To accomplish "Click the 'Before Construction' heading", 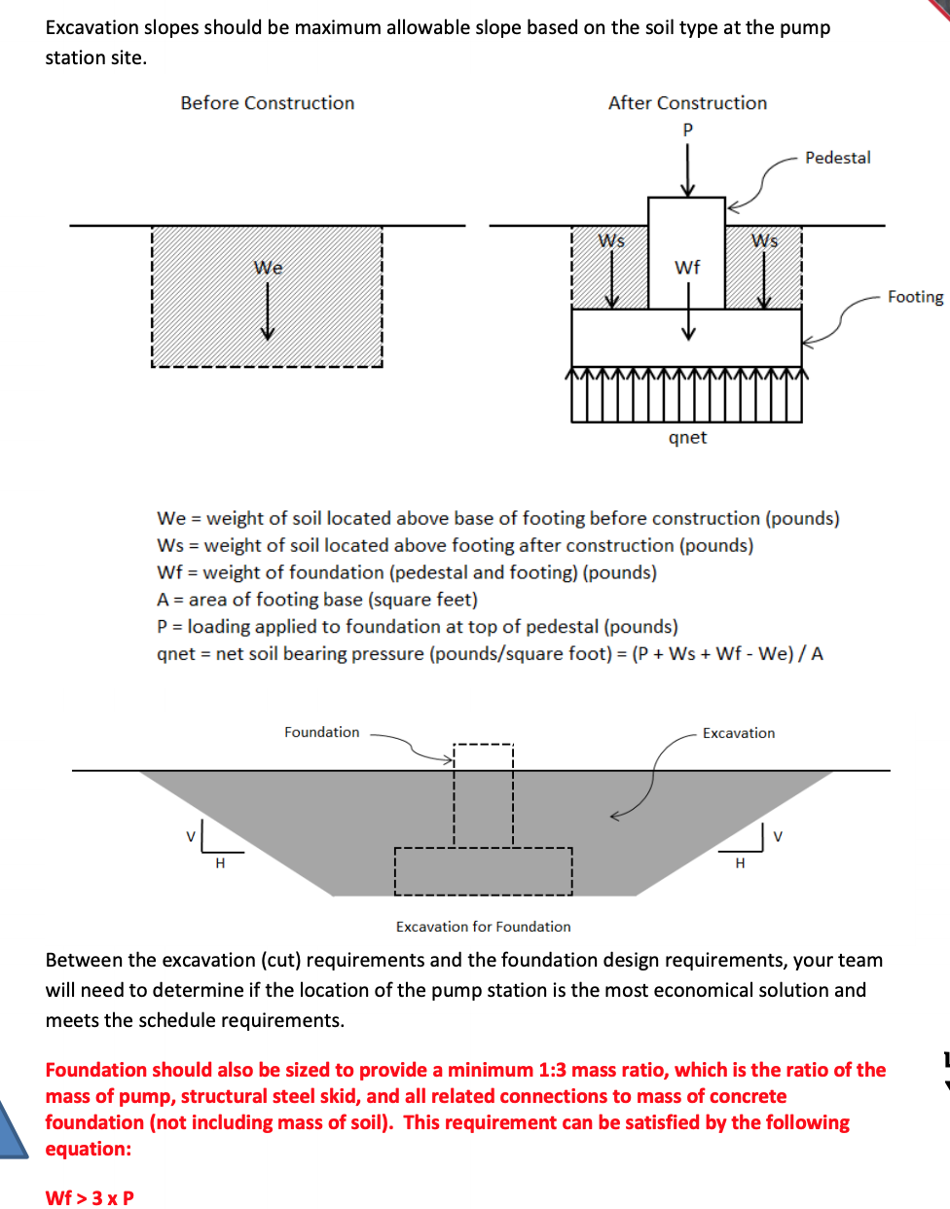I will [268, 103].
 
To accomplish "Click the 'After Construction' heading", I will [687, 103].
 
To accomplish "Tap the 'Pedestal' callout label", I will [837, 158].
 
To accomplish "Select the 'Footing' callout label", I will [915, 297].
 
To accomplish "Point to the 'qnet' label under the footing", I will [687, 438].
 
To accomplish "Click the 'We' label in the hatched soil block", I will [268, 268].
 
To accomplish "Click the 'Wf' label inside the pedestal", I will [687, 268].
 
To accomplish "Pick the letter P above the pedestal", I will [688, 129].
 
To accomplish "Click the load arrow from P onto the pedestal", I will [688, 170].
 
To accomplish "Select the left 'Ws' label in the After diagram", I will [611, 240].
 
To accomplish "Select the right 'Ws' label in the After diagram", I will [764, 240].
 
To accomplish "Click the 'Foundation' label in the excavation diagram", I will [321, 732].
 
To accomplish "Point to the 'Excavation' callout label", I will [739, 733].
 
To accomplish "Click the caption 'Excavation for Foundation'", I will [483, 927].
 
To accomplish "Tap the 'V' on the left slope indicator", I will [192, 836].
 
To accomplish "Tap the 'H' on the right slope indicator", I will [740, 863].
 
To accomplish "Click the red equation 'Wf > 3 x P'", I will [90, 1198].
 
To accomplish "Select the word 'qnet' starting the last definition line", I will [176, 654].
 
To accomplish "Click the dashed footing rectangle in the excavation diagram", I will [483, 871].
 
